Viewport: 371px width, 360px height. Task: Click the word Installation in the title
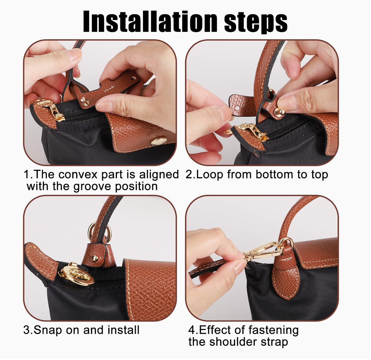coord(150,21)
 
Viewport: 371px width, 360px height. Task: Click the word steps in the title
coord(256,23)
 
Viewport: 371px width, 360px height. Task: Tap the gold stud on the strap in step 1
coord(84,101)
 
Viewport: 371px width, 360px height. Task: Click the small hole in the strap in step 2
coord(237,108)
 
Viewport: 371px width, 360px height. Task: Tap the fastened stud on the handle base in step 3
coord(94,258)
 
